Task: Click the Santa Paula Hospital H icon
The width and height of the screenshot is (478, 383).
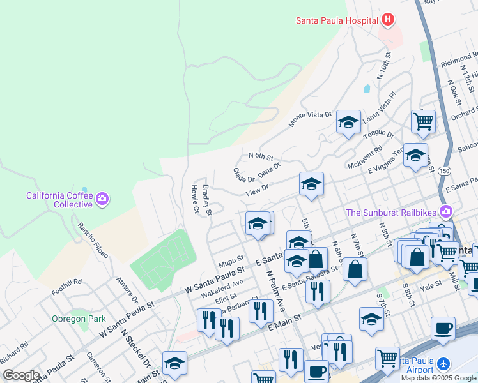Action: coord(387,20)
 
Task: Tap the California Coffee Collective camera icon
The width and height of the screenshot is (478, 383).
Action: coord(102,200)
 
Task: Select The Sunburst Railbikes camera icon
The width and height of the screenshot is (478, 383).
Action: coord(446,212)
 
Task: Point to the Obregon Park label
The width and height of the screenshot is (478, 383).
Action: coord(79,319)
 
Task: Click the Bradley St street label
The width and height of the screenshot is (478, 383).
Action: coord(207,200)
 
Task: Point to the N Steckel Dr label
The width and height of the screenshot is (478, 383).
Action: coord(135,351)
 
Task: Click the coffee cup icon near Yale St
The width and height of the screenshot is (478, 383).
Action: coord(443,329)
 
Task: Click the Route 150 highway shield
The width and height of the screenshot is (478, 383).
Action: coord(444,172)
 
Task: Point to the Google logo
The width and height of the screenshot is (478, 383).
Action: coord(21,375)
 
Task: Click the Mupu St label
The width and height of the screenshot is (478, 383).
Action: coord(231,262)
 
